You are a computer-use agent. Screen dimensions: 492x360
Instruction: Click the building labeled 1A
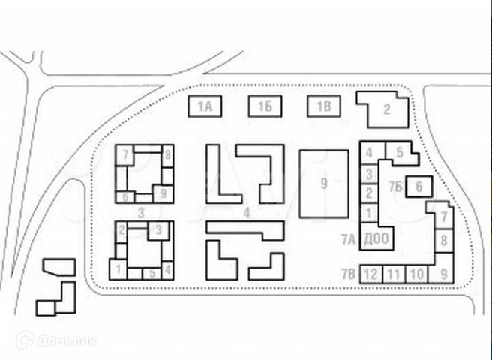(205, 106)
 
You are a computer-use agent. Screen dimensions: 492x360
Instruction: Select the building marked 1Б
(265, 106)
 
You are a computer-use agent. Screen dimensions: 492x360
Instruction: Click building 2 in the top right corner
(387, 109)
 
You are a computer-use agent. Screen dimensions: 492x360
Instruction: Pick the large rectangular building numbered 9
(323, 183)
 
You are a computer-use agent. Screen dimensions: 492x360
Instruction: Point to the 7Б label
(396, 186)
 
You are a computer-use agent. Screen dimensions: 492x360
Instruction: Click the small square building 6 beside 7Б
(419, 186)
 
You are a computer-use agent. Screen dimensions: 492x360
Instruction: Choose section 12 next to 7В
(370, 274)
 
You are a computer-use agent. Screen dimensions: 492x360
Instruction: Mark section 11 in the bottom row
(394, 274)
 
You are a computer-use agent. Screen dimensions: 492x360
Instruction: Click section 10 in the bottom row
(417, 274)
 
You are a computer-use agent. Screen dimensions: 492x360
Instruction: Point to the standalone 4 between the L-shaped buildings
(246, 212)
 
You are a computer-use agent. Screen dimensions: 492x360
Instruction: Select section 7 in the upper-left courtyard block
(126, 154)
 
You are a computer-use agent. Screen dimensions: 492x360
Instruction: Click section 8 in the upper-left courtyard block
(166, 155)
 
